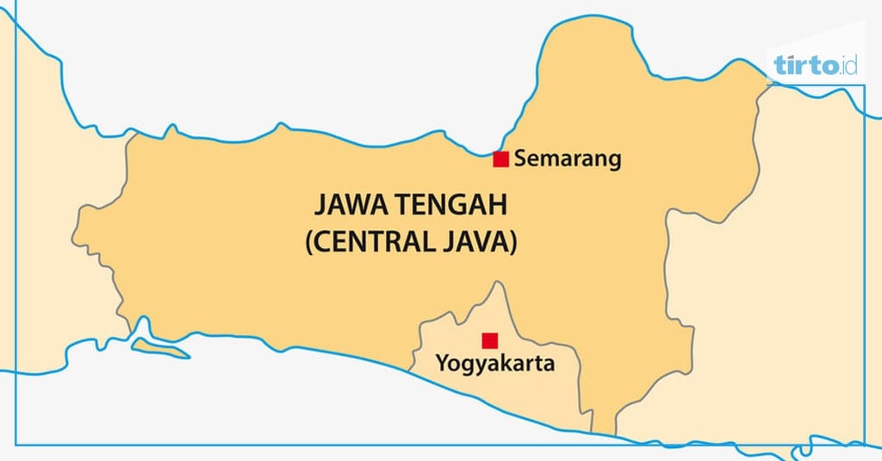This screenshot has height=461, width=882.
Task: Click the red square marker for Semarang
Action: point(500,159)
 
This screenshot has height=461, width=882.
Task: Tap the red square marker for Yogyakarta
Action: point(489,340)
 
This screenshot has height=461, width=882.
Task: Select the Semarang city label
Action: point(567,159)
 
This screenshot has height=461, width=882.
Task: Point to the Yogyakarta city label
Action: point(494,364)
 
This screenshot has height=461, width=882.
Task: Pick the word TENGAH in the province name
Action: point(451,207)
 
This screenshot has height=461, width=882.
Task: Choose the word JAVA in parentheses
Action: point(477,242)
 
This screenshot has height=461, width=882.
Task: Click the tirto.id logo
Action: point(815,65)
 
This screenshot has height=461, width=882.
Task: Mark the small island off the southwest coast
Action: point(160,349)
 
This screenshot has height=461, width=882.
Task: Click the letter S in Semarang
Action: point(519,159)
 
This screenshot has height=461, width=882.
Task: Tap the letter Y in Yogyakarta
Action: point(442,364)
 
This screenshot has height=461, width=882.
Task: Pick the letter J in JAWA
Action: point(317,207)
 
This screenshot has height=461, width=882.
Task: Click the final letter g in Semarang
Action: point(614,162)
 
